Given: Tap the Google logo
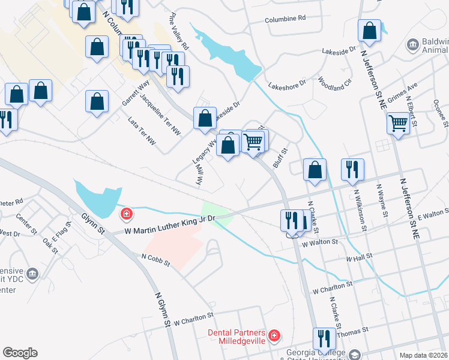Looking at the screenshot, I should pos(20,353).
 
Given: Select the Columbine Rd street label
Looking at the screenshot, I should pos(285,19).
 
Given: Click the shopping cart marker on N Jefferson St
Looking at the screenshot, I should pos(397,125).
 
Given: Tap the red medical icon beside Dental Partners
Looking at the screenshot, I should pos(274,335).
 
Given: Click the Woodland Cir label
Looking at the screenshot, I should pos(334,83).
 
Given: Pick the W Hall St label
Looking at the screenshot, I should pos(360,259).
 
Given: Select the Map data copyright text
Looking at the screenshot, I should pos(424,355).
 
